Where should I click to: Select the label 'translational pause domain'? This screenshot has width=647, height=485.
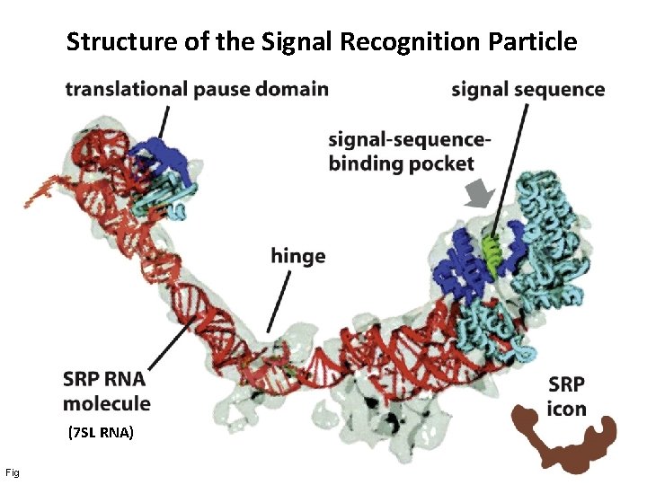(x=197, y=89)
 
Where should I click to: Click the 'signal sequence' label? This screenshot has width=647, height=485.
(x=527, y=89)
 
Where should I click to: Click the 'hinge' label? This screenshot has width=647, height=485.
(x=297, y=256)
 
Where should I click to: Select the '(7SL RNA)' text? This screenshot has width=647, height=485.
(x=101, y=433)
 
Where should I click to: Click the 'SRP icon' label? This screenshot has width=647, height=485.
(x=566, y=397)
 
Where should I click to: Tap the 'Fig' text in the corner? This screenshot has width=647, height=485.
(x=11, y=471)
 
